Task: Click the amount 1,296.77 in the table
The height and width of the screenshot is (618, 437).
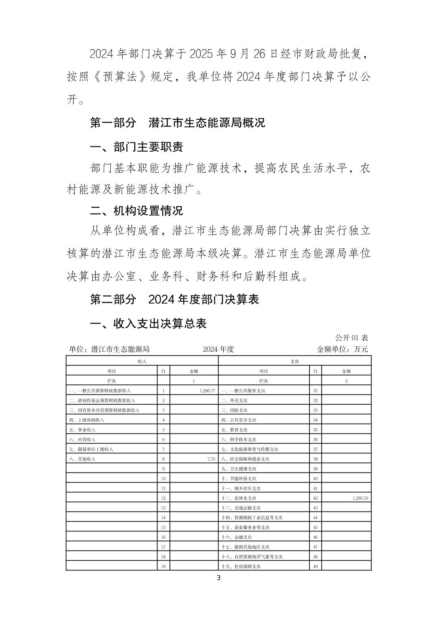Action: coord(207,391)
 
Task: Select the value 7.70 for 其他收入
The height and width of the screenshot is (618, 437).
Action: coord(211,459)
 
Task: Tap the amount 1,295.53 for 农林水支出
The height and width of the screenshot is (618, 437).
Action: coord(358,498)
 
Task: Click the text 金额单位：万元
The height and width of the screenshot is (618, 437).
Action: coord(342,349)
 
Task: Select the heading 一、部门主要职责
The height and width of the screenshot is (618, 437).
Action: coord(136,147)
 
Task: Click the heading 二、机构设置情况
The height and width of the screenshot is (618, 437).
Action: coord(136,211)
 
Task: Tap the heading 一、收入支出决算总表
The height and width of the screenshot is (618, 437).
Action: coord(148,323)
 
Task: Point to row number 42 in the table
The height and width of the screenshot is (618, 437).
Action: coord(315,498)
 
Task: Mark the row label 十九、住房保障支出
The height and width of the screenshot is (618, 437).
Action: coord(241,566)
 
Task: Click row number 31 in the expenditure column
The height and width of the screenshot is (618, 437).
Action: coord(315,391)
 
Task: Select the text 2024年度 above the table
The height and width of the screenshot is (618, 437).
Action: coord(218,349)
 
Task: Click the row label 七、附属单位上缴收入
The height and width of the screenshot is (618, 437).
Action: coord(91,449)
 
